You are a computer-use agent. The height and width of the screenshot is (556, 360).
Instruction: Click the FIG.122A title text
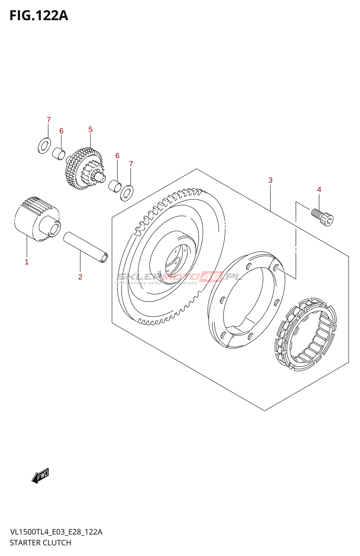pyautogui.click(x=39, y=16)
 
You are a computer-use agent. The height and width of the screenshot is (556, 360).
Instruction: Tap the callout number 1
pyautogui.click(x=26, y=262)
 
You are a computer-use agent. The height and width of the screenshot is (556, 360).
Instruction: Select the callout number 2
pyautogui.click(x=80, y=277)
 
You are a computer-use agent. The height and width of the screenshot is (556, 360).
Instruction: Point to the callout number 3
pyautogui.click(x=270, y=180)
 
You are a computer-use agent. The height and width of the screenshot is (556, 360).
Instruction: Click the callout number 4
pyautogui.click(x=319, y=189)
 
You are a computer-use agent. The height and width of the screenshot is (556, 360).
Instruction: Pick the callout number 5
pyautogui.click(x=90, y=129)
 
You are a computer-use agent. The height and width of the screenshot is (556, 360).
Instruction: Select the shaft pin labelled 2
pyautogui.click(x=85, y=247)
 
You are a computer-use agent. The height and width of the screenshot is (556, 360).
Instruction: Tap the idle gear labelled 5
pyautogui.click(x=84, y=169)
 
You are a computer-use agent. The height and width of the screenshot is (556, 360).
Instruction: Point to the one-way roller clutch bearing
pyautogui.click(x=306, y=334)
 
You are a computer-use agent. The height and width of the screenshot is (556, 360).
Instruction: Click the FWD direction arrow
pyautogui.click(x=40, y=475)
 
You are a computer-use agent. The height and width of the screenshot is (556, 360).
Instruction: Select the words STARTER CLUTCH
pyautogui.click(x=40, y=542)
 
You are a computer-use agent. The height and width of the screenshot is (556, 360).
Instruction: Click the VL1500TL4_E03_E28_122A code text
pyautogui.click(x=56, y=532)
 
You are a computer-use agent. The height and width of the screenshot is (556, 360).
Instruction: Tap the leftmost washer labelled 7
pyautogui.click(x=44, y=145)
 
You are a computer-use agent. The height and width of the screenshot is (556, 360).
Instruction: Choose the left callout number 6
pyautogui.click(x=61, y=131)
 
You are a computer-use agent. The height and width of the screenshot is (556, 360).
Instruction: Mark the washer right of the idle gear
pyautogui.click(x=126, y=193)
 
